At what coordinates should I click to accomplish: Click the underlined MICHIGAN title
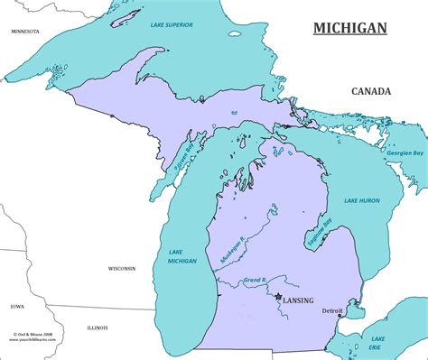(x=349, y=27)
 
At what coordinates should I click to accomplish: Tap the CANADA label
(x=371, y=91)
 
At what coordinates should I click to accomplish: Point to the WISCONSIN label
(x=122, y=268)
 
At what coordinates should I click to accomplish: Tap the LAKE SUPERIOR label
(x=171, y=24)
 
